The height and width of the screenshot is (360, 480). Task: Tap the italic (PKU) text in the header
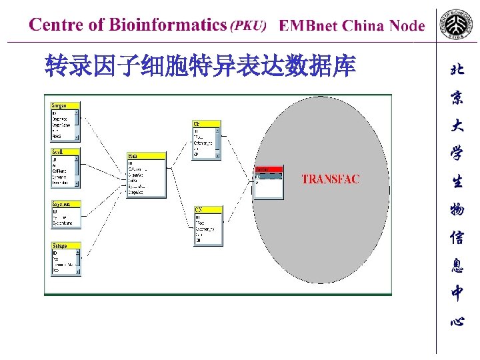(248, 26)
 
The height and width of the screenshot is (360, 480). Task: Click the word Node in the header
(406, 26)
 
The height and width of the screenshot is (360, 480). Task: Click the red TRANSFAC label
(330, 179)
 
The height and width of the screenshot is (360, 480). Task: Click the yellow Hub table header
(146, 156)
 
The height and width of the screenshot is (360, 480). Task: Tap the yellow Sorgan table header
(65, 105)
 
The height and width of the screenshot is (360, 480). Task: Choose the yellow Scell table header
(65, 152)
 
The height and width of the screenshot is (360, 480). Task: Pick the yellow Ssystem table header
(65, 204)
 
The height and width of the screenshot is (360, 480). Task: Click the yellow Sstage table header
(65, 246)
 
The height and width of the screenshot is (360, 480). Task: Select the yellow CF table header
(206, 124)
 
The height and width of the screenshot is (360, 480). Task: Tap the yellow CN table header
(207, 209)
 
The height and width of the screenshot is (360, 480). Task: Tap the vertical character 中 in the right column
(457, 292)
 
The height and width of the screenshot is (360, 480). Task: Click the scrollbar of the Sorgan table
(77, 125)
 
